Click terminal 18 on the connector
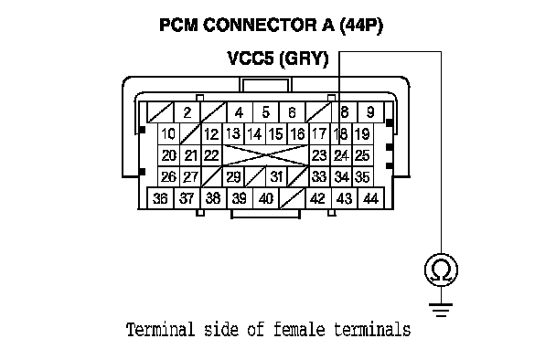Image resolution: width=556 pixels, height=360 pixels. [341, 134]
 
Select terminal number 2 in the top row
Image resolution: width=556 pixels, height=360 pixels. [187, 112]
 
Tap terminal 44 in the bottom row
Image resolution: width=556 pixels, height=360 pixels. [371, 198]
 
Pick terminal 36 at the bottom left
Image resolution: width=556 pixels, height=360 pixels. [160, 198]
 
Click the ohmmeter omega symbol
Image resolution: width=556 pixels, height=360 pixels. [441, 270]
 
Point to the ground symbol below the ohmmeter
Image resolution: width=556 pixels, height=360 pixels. [441, 310]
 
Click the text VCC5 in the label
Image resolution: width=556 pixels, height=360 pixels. [251, 58]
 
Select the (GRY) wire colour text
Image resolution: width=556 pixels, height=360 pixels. [305, 58]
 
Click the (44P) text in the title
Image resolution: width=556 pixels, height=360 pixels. [361, 26]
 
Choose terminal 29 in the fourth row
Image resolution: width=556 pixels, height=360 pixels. [233, 177]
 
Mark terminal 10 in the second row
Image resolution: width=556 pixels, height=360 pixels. [168, 134]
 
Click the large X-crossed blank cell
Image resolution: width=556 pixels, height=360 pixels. [265, 155]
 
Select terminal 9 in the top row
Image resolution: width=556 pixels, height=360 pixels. [371, 112]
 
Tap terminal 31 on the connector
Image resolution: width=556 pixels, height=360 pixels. [276, 177]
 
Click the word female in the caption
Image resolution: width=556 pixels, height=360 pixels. [299, 329]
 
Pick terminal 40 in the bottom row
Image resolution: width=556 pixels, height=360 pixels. [266, 198]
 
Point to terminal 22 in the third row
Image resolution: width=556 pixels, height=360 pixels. [211, 155]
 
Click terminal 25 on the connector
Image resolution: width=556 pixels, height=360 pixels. [362, 155]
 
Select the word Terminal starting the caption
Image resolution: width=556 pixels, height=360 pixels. [161, 329]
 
